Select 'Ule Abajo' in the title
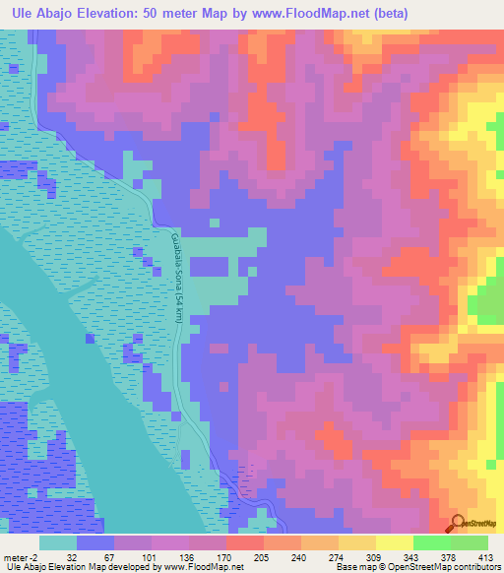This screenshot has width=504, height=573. [x=43, y=13]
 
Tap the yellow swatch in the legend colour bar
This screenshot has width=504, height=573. [x=394, y=542]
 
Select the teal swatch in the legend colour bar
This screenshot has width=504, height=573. [x=58, y=542]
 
